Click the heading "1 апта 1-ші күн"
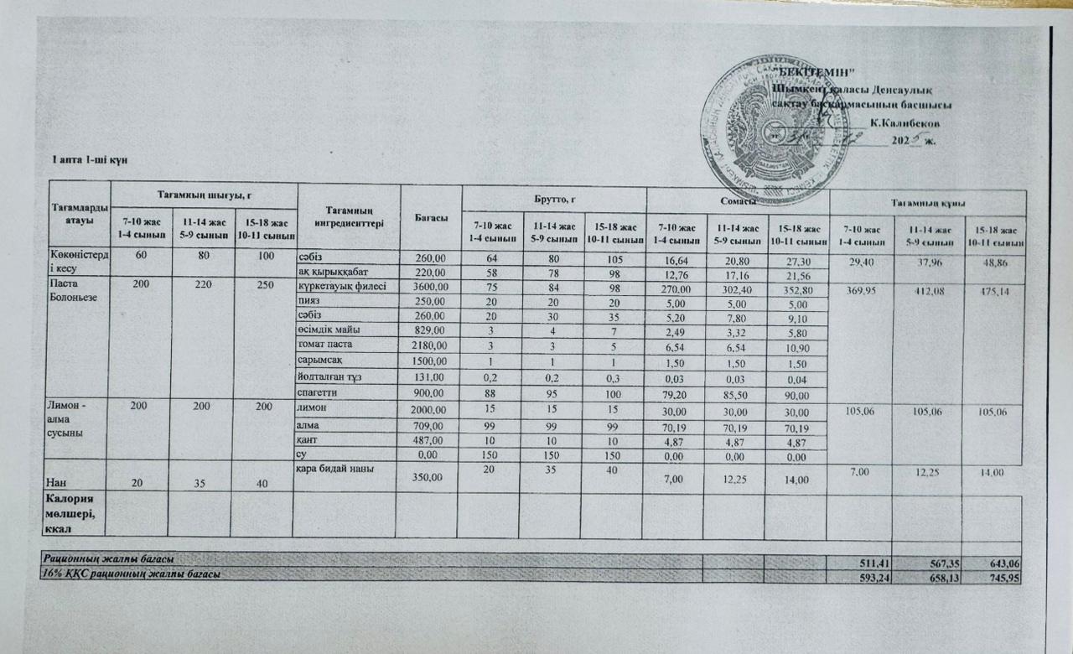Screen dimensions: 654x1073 point(90,159)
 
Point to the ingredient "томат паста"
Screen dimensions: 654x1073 point(324,345)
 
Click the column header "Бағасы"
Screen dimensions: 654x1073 point(431,216)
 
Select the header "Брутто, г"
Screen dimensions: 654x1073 point(553,199)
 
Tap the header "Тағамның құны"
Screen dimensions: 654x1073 point(927,204)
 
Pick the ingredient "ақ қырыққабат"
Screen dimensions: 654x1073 point(334,272)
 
